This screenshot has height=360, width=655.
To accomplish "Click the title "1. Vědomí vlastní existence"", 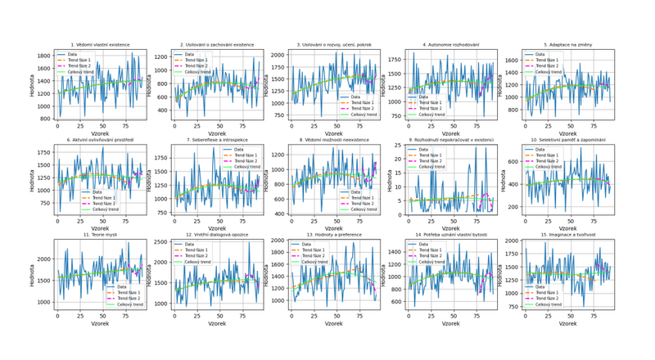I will (100, 44).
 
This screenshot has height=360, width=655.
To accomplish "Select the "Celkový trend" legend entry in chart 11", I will (124, 304).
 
